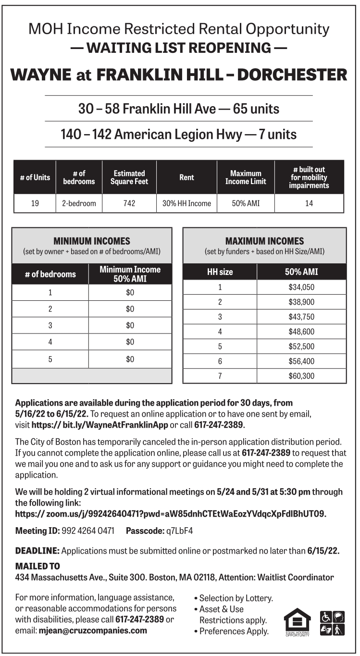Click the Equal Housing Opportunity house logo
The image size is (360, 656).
click(x=297, y=621)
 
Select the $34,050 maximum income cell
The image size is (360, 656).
click(x=301, y=287)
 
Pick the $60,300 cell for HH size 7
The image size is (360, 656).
click(x=301, y=376)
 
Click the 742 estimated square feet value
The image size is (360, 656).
click(x=129, y=203)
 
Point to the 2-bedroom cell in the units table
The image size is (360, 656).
click(x=79, y=203)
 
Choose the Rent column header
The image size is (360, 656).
click(x=186, y=177)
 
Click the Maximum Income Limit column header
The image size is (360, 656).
click(x=246, y=177)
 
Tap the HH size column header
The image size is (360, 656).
click(x=220, y=272)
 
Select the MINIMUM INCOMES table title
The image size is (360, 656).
click(x=91, y=241)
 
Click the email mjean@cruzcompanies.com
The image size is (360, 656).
click(x=93, y=631)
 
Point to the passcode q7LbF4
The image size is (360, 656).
click(x=179, y=531)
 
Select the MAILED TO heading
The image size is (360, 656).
click(x=37, y=567)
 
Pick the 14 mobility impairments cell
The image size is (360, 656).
click(x=309, y=203)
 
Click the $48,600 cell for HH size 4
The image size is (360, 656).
click(x=301, y=332)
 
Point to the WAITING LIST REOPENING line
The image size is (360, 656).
click(x=179, y=48)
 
